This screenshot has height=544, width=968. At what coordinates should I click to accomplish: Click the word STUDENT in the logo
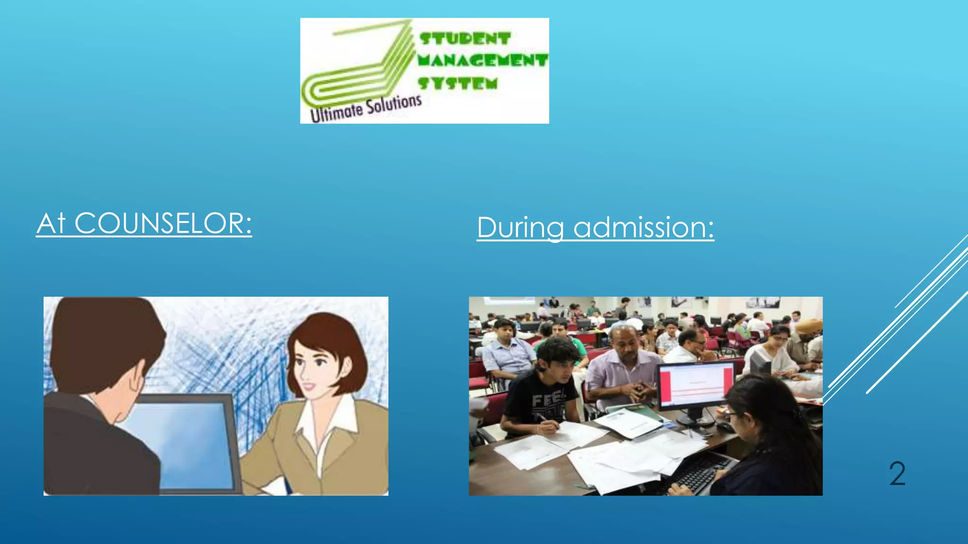point(465,39)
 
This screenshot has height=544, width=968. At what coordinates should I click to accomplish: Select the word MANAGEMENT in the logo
point(483,60)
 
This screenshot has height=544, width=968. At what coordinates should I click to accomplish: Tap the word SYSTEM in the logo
point(458,84)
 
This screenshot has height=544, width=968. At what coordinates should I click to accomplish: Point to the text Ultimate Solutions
point(365,108)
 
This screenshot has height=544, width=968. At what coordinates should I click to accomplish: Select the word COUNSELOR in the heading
point(163,223)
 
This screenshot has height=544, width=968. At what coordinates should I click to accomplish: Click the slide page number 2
point(897,474)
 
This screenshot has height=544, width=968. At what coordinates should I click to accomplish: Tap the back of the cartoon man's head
point(104,340)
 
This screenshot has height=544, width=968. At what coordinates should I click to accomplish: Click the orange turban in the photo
point(809,326)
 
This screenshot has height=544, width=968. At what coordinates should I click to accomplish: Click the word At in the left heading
point(51,223)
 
